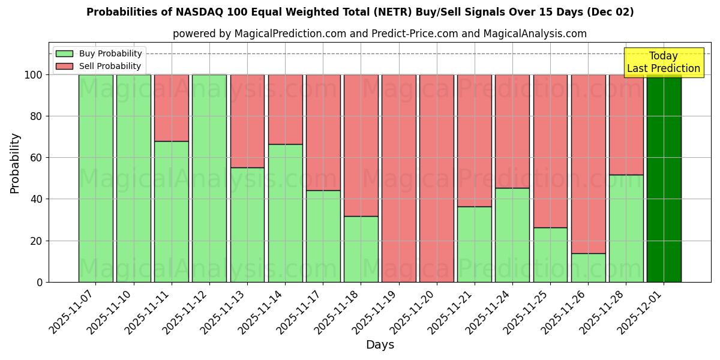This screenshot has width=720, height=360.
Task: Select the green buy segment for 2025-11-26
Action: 588,268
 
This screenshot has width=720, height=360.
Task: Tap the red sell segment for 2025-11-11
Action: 172,108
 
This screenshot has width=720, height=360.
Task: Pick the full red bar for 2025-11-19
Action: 399,178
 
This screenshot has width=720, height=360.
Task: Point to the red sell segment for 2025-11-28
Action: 626,125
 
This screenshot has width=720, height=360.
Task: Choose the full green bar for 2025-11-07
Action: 96,178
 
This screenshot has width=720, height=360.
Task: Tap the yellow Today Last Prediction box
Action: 664,62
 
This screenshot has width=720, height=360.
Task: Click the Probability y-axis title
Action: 15,163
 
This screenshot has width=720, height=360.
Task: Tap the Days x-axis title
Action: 380,345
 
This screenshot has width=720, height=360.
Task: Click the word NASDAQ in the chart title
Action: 197,12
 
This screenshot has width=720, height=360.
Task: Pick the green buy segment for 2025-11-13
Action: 247,225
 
